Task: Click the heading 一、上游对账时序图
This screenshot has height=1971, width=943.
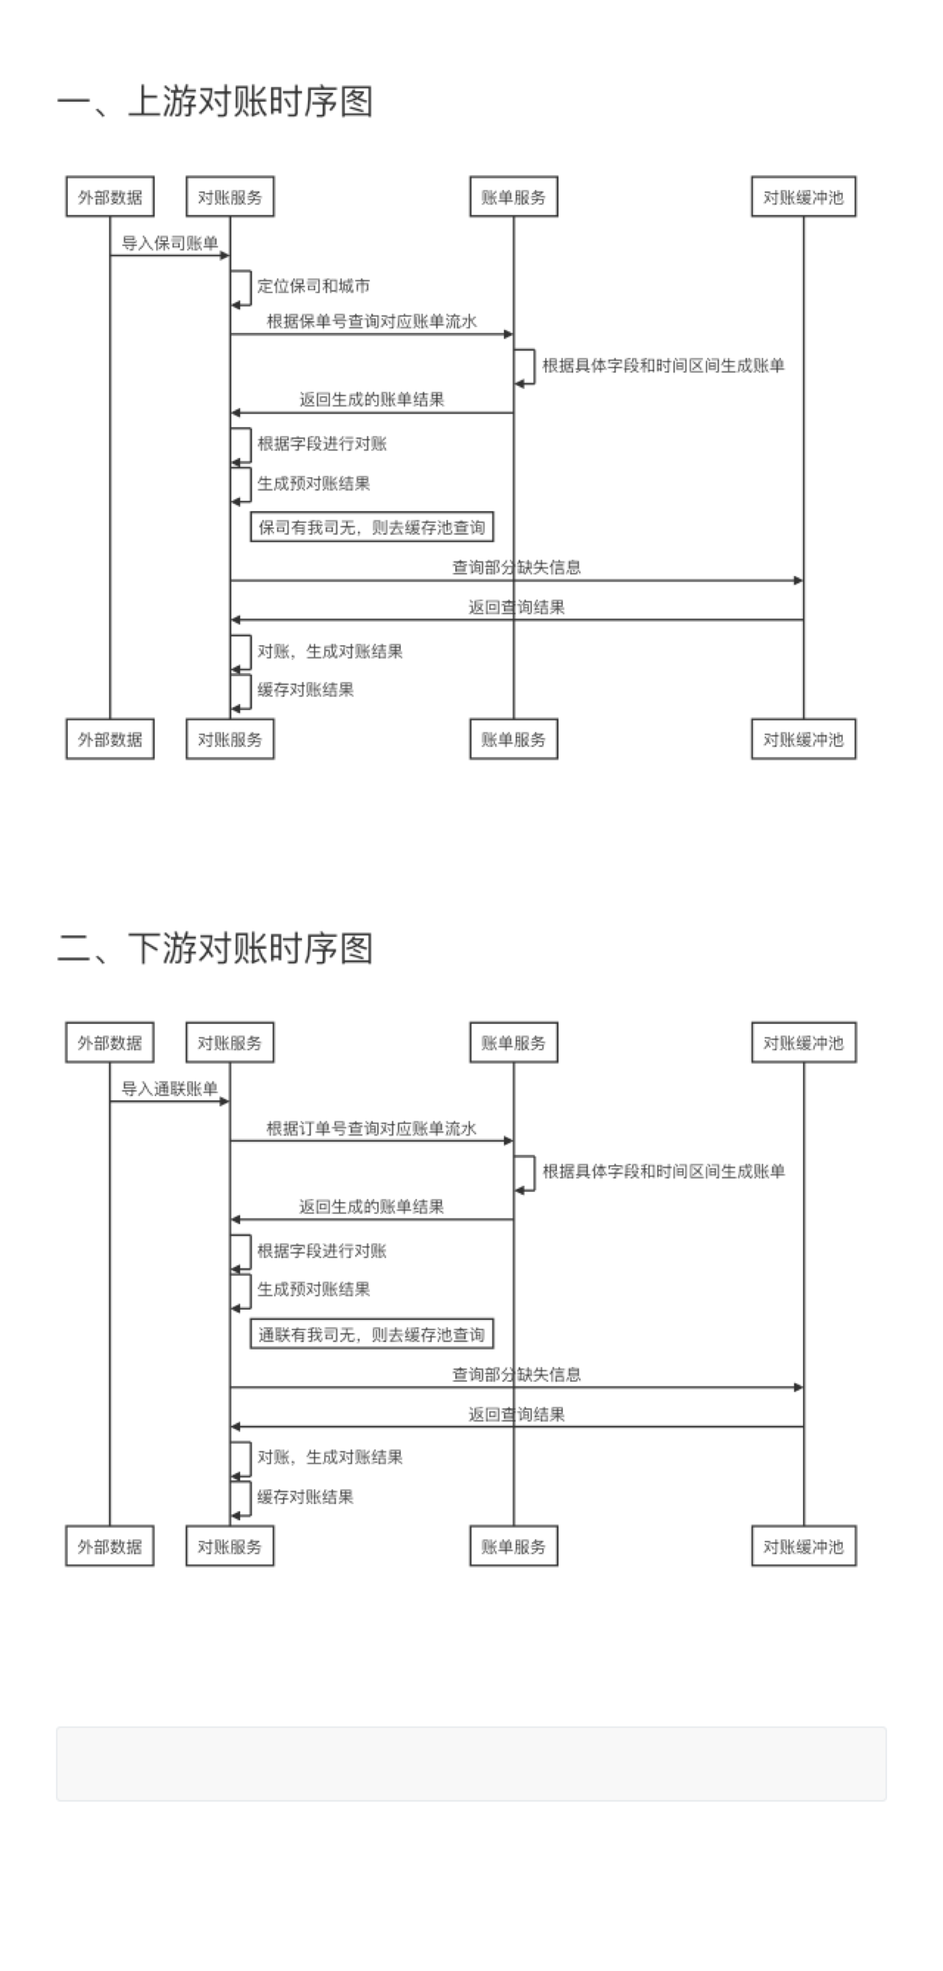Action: click(215, 102)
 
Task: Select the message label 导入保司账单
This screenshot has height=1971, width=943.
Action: click(170, 243)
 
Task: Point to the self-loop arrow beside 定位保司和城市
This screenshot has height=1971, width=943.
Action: click(250, 288)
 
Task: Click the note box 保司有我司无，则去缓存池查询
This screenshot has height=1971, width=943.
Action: click(372, 527)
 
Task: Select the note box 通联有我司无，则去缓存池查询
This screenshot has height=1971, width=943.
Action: click(372, 1334)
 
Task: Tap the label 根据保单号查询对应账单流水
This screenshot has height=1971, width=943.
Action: click(371, 321)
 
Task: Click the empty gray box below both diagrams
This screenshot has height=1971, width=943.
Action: click(471, 1763)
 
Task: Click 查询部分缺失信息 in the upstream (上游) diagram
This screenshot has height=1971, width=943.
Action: click(517, 567)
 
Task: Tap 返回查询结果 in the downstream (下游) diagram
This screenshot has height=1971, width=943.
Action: click(517, 1414)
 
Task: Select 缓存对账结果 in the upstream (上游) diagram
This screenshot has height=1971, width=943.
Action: click(305, 689)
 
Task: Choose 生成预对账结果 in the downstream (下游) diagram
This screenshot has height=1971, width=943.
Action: click(314, 1289)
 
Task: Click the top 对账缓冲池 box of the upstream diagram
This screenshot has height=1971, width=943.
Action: click(803, 197)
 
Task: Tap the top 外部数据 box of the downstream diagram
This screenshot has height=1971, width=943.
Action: click(110, 1042)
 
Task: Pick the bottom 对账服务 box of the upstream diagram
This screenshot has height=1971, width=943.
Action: click(230, 739)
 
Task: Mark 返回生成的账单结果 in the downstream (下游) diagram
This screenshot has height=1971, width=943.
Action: click(371, 1207)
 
